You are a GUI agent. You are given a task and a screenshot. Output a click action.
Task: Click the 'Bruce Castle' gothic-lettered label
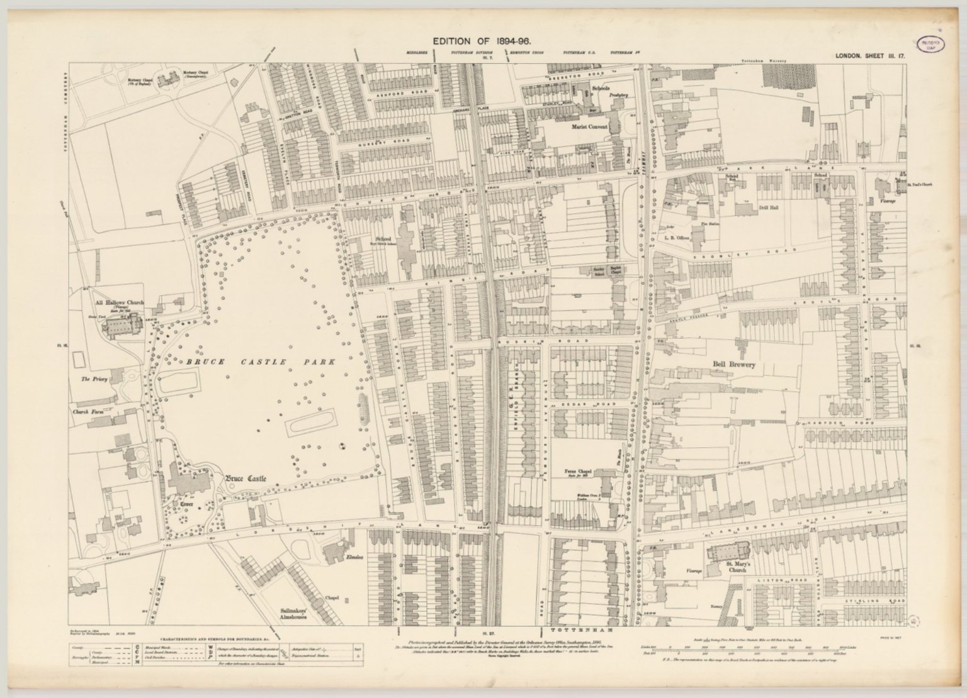[246, 479]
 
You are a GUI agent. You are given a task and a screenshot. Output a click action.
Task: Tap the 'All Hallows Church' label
[119, 302]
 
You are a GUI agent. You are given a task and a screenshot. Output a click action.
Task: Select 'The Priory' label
[94, 379]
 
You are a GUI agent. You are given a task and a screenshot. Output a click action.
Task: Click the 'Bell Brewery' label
[733, 364]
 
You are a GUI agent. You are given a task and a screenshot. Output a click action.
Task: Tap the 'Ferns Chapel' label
[579, 470]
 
